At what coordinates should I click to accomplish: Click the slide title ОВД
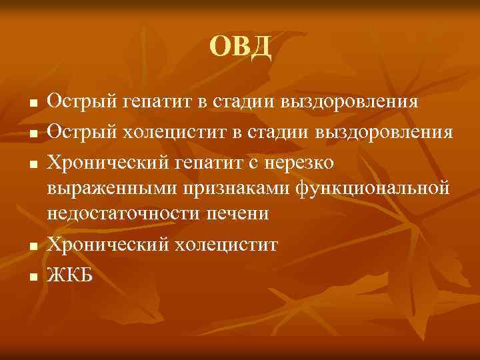240,47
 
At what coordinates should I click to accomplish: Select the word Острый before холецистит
81,131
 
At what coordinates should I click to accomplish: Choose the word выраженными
113,189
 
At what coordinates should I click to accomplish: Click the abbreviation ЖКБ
70,273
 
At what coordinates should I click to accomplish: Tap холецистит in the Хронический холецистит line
226,245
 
